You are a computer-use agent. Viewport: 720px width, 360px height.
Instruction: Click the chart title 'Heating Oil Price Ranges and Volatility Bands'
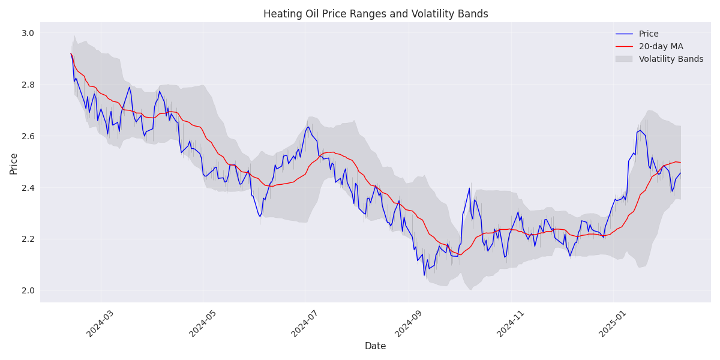click(376, 14)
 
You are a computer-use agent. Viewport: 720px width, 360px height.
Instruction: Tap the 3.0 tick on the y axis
click(28, 33)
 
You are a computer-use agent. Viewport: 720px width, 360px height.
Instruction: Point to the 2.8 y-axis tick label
click(28, 85)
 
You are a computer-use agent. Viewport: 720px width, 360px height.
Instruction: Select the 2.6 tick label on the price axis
click(28, 136)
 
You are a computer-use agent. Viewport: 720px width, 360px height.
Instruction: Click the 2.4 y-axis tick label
click(28, 188)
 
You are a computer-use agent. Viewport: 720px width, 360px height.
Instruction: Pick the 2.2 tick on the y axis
click(28, 239)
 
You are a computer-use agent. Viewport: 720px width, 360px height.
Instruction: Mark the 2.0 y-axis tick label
click(28, 290)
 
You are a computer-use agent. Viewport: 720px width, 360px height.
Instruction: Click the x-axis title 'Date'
click(376, 346)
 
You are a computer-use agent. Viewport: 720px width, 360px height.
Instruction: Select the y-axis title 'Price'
click(13, 163)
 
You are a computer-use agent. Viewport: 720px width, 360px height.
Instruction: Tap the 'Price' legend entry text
click(649, 34)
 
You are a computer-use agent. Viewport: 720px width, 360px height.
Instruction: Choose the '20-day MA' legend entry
click(661, 47)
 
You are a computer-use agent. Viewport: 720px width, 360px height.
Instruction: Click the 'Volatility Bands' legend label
click(671, 59)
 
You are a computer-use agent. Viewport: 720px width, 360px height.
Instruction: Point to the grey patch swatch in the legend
click(624, 59)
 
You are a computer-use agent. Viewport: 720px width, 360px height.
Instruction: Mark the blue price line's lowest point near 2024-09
click(424, 275)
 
